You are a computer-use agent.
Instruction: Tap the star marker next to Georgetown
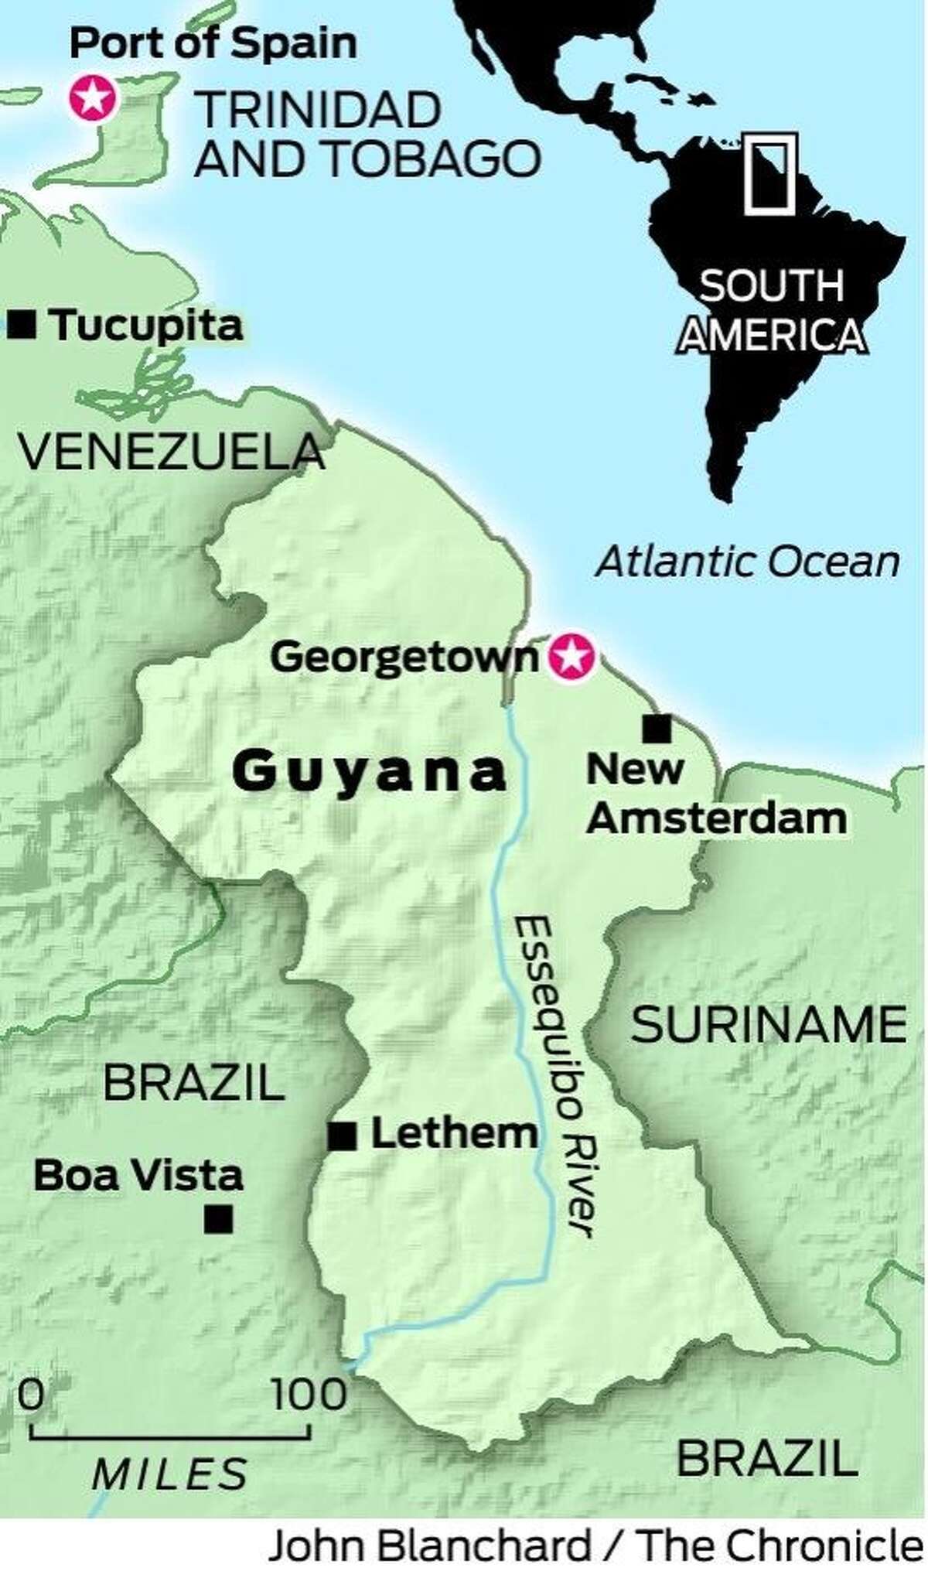[x=572, y=657]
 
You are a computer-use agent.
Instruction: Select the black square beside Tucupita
[x=22, y=325]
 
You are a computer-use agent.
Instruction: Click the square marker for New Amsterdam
[x=657, y=728]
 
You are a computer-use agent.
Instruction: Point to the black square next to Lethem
[x=342, y=1136]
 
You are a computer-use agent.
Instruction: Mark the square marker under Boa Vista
[x=218, y=1219]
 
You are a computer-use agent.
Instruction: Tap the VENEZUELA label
[x=170, y=452]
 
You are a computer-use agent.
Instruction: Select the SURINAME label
[x=769, y=1024]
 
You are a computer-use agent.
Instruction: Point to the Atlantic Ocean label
[x=747, y=562]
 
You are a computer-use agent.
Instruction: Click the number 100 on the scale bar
[x=309, y=1395]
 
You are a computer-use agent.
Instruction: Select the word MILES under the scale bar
[x=170, y=1474]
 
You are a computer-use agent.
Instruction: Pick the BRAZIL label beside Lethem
[x=194, y=1082]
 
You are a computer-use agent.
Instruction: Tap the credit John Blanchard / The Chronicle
[x=595, y=1549]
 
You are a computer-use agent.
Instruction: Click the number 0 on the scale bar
[x=31, y=1395]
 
